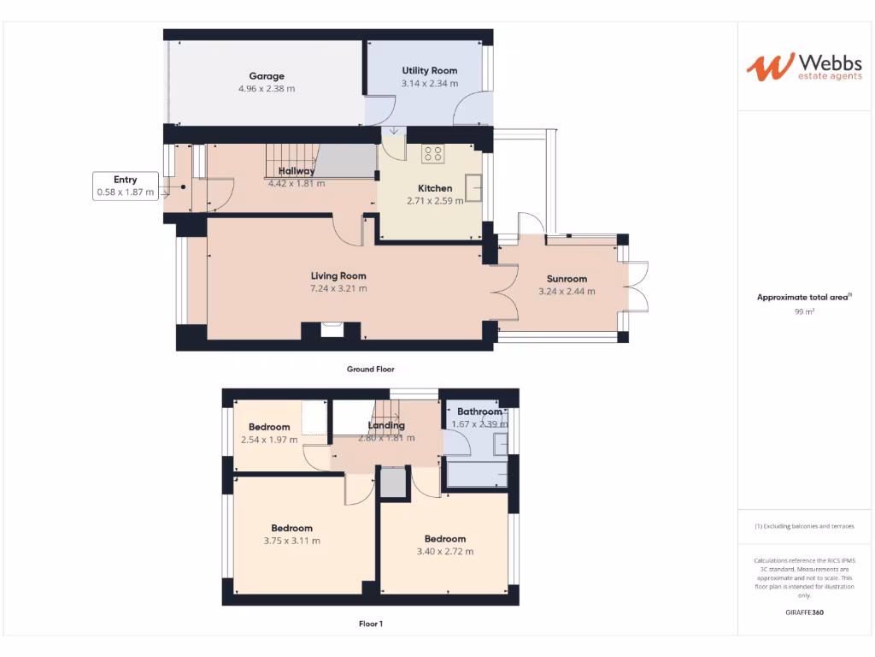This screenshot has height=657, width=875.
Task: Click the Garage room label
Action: click(x=267, y=76)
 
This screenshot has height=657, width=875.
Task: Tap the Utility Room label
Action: click(x=429, y=71)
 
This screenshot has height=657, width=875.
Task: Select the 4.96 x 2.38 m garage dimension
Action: click(x=267, y=88)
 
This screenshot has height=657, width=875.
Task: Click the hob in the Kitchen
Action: click(x=433, y=154)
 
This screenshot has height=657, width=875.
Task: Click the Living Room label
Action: click(x=338, y=275)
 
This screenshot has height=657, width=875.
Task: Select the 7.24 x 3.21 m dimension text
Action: click(x=338, y=288)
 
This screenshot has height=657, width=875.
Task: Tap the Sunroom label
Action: click(x=567, y=279)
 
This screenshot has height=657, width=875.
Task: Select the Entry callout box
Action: click(x=126, y=186)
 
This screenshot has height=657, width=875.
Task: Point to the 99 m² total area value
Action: click(x=803, y=312)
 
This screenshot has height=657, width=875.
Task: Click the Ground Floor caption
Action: click(x=370, y=370)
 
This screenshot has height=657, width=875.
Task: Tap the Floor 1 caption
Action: click(x=370, y=624)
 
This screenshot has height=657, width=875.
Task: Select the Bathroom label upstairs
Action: click(x=479, y=411)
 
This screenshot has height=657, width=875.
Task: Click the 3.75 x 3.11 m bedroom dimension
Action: click(x=292, y=541)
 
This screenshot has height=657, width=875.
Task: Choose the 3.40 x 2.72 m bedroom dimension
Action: click(x=444, y=552)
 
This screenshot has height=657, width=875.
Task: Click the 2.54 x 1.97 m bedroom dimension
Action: click(x=269, y=440)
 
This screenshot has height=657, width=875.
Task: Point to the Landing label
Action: click(x=386, y=425)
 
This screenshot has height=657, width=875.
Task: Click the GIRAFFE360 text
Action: click(x=803, y=613)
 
